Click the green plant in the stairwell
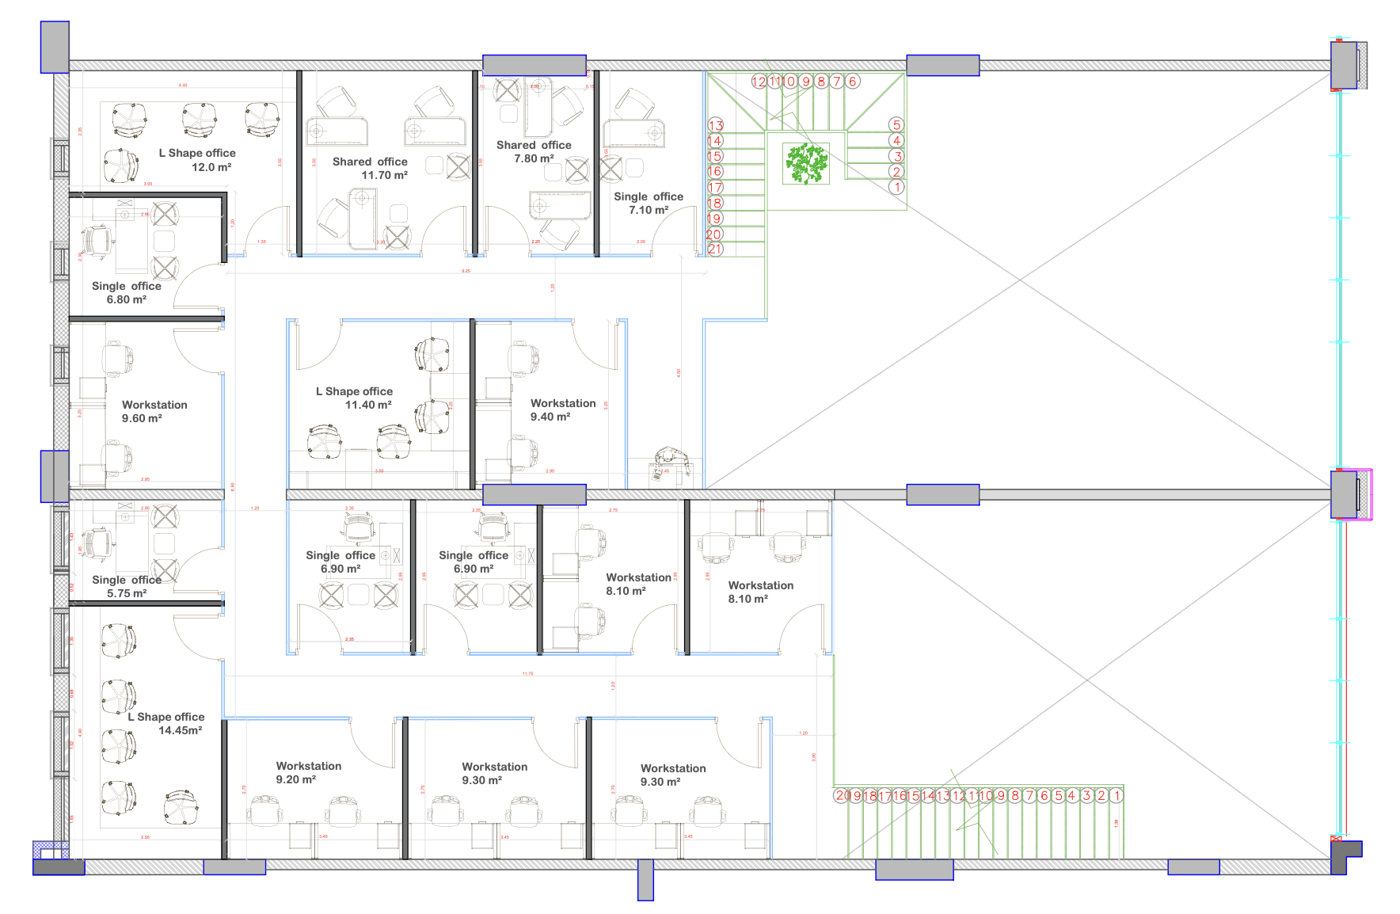point(806,163)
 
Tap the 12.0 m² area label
point(211,167)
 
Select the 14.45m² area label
point(180,730)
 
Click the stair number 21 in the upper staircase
point(715,249)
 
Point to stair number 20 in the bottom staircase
point(842,795)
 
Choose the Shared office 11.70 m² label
point(370,168)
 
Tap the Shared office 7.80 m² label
point(534,151)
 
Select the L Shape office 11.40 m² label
point(354,398)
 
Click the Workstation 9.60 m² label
point(154,411)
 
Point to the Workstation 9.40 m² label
point(563,409)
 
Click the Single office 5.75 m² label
point(127,586)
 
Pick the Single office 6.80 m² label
point(127,292)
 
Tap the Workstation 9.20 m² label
point(309,772)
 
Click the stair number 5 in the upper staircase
point(896,124)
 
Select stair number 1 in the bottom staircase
point(1117,795)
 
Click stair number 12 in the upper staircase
point(759,81)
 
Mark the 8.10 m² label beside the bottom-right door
point(748,599)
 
